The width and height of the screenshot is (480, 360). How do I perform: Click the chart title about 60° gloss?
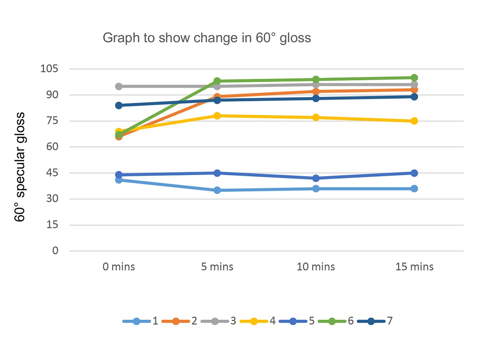207,38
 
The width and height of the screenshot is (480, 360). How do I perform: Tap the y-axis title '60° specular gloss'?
20,167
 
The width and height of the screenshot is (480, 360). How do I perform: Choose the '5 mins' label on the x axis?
217,267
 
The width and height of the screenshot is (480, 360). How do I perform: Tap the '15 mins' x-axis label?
414,267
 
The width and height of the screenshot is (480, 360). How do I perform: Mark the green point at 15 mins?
414,78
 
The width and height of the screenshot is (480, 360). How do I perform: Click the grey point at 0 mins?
119,87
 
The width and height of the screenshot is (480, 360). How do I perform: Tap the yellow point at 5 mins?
217,116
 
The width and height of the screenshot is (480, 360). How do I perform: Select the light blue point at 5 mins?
217,190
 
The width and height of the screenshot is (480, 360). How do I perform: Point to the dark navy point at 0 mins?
119,105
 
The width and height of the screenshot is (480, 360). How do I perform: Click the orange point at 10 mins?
316,91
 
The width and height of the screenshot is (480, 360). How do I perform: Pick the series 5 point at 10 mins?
316,178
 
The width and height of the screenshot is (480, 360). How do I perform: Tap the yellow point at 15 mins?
414,121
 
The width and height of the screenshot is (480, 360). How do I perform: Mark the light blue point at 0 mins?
119,180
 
